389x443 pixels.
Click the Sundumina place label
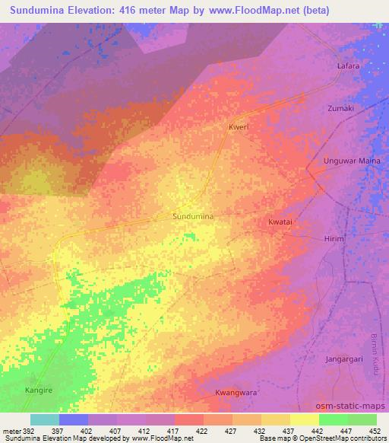(193, 217)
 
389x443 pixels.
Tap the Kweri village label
(239, 128)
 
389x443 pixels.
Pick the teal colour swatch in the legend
(45, 419)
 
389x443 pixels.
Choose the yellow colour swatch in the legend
(304, 419)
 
